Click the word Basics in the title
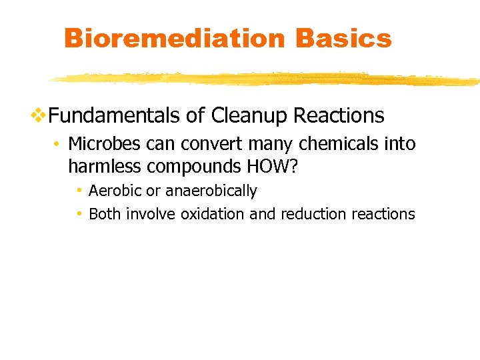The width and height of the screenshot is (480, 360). coord(343,39)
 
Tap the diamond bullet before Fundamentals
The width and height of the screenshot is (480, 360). coord(39,115)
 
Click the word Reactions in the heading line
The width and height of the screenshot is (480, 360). coord(339,116)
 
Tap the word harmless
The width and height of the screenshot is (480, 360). coord(103,165)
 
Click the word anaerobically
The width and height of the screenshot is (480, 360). coord(211,191)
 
